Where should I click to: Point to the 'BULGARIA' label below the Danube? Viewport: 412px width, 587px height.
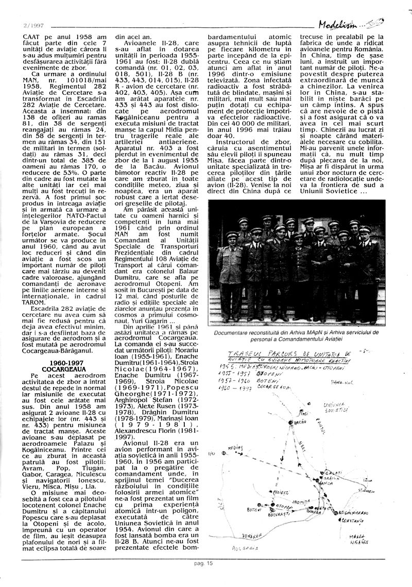pyautogui.click(x=245, y=547)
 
